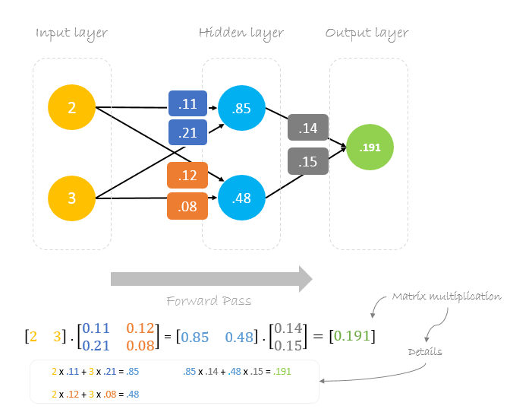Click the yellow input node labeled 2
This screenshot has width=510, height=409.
[71, 108]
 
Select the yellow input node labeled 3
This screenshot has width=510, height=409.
[71, 198]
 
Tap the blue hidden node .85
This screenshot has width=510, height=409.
[241, 108]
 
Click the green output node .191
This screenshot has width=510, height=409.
[370, 147]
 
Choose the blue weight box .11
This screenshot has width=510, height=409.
[187, 104]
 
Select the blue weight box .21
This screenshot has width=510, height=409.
[187, 133]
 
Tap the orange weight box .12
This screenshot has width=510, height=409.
[187, 176]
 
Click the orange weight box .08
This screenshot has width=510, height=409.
[187, 205]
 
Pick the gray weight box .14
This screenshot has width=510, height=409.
[307, 128]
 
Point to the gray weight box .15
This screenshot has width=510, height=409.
[307, 161]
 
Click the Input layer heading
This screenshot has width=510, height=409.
[71, 33]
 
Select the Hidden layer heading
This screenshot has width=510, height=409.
[241, 33]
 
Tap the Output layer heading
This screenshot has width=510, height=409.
[367, 33]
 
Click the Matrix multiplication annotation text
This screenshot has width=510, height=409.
[446, 296]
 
